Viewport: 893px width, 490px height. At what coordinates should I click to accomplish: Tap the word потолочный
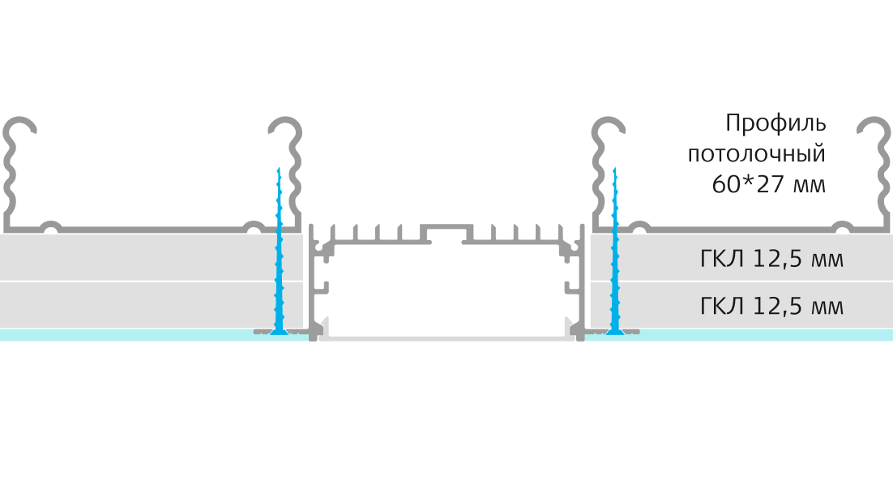pos(757,154)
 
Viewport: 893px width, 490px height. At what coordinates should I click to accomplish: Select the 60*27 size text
pos(748,184)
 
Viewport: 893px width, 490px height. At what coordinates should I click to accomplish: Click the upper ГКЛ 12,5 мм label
pos(771,259)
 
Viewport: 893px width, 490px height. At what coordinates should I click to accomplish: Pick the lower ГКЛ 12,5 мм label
pos(771,307)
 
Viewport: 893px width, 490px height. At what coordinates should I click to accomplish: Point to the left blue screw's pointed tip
pos(279,168)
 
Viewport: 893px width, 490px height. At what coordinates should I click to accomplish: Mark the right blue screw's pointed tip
pos(614,168)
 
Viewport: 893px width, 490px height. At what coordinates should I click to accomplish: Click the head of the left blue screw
pos(279,332)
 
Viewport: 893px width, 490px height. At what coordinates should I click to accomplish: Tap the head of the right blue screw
pos(614,332)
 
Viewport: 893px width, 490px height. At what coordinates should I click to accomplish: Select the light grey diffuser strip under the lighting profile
pos(446,338)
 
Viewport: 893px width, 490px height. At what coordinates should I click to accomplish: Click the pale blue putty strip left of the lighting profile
pos(154,335)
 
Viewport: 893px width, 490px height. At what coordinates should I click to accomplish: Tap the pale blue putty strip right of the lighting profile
pos(739,335)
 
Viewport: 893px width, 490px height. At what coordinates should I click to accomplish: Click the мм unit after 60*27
pos(810,187)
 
